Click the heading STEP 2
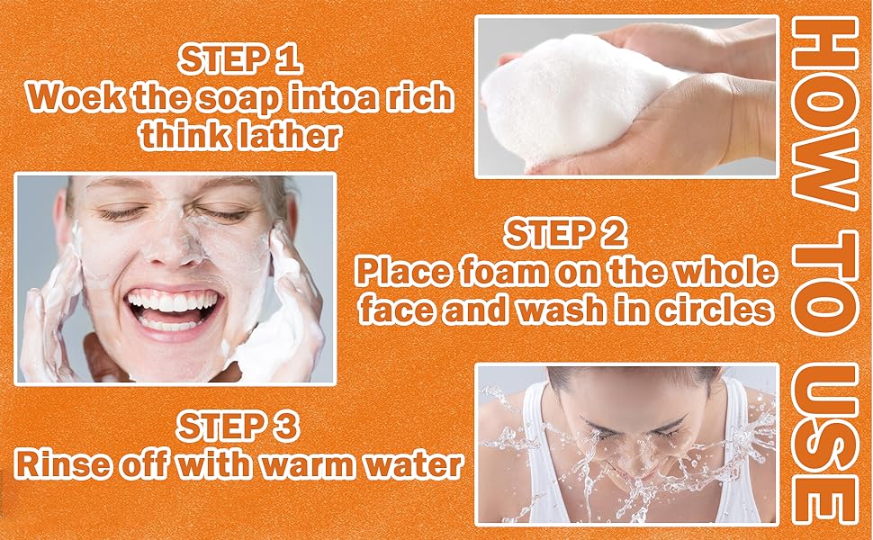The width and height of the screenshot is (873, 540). coord(566,233)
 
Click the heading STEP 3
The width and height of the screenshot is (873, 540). coord(238,427)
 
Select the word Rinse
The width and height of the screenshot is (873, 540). coord(63,464)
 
